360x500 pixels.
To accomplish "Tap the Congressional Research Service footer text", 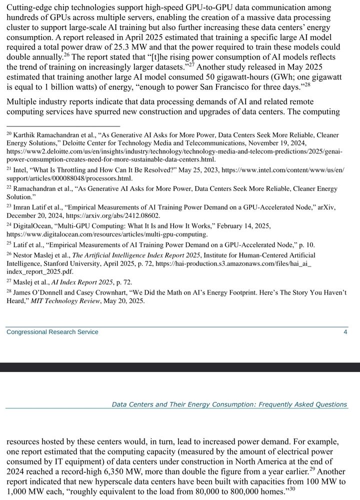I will [x=52, y=332].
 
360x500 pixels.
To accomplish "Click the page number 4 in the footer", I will [x=345, y=332].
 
